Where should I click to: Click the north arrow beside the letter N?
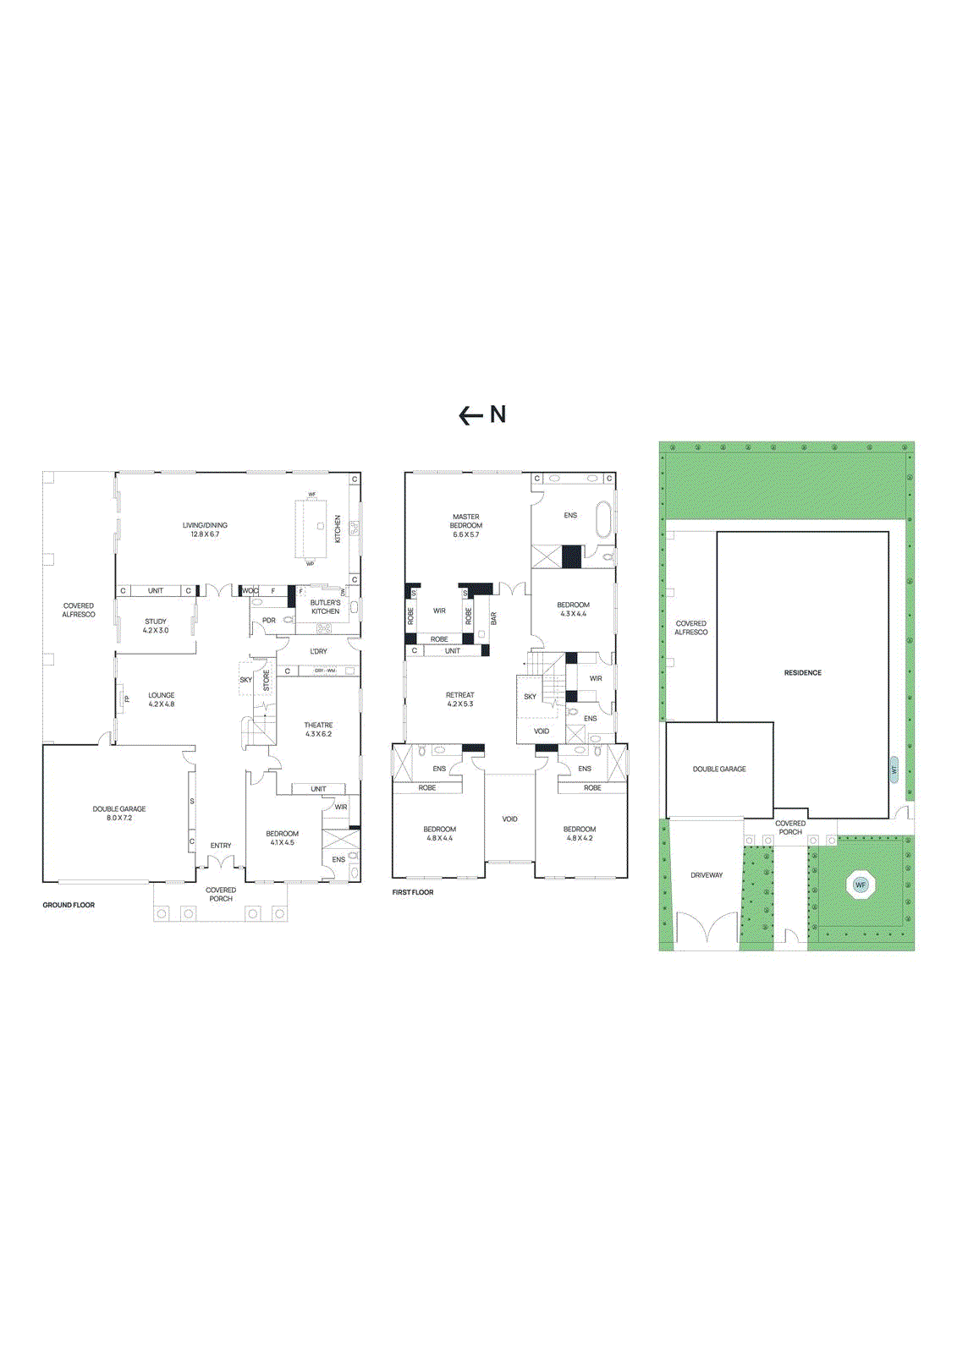(470, 415)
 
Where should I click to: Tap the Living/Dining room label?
(205, 530)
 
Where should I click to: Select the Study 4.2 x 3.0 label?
(156, 626)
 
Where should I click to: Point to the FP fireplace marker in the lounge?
(127, 698)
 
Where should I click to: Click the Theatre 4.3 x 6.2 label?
(318, 730)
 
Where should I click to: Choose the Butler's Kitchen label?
(325, 607)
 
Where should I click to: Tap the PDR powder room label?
(269, 621)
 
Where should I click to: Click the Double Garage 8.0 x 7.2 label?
(119, 813)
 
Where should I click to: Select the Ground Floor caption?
(69, 905)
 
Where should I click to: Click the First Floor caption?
(413, 892)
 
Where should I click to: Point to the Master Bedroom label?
(465, 525)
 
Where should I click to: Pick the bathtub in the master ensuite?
(602, 520)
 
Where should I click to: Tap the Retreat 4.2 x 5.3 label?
(459, 699)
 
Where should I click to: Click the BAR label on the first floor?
(494, 618)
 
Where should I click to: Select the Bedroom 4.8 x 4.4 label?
(439, 834)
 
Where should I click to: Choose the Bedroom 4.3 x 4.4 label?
(573, 609)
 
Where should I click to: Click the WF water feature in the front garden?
(861, 885)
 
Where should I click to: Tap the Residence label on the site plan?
(802, 673)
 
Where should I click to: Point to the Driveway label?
(707, 875)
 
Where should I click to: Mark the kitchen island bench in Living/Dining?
(311, 529)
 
